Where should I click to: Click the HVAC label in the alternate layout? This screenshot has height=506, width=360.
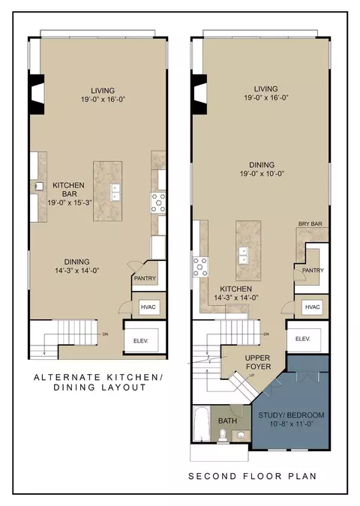(x=148, y=307)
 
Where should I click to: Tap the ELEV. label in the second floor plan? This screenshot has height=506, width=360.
(x=303, y=339)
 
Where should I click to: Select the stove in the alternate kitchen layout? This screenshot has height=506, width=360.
(x=158, y=202)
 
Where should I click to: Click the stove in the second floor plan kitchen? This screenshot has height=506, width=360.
(x=200, y=267)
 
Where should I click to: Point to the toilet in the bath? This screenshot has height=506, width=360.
(x=222, y=435)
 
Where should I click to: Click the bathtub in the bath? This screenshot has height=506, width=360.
(x=202, y=424)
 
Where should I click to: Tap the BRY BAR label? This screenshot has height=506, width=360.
(x=310, y=223)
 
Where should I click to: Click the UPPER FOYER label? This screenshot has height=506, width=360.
(x=258, y=362)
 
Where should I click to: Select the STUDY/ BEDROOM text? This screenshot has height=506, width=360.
(x=291, y=415)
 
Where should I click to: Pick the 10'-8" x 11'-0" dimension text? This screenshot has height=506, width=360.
(x=292, y=424)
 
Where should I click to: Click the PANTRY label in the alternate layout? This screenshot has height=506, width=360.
(x=145, y=278)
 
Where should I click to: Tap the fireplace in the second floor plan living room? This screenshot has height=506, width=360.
(x=199, y=94)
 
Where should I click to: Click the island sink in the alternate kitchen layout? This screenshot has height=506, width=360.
(x=115, y=193)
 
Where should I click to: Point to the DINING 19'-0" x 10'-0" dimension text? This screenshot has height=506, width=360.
(x=262, y=174)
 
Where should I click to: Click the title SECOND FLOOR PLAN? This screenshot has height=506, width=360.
(x=253, y=476)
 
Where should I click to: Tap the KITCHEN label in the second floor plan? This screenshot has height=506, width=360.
(x=235, y=289)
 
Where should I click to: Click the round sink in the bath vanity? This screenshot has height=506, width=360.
(x=241, y=435)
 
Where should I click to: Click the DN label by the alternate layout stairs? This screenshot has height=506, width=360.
(x=105, y=334)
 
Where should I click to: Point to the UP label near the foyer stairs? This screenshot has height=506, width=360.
(x=250, y=376)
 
